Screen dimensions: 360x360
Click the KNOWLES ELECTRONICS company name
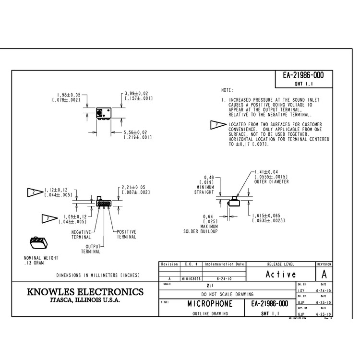pos(85,292)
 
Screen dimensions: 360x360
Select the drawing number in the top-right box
pos(303,75)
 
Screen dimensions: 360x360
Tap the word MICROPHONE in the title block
pos(210,304)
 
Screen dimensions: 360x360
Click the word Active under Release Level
pos(281,274)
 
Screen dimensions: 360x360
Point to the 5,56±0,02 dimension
pos(135,132)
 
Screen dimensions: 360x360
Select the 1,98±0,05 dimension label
pos(69,95)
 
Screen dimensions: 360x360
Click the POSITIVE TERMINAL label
pos(127,234)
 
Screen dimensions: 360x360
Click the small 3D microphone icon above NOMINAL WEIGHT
pos(38,242)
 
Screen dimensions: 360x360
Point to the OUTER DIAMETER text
pos(272,181)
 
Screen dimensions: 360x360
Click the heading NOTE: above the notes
pos(227,90)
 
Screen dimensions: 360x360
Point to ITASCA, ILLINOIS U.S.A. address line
pos(85,301)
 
